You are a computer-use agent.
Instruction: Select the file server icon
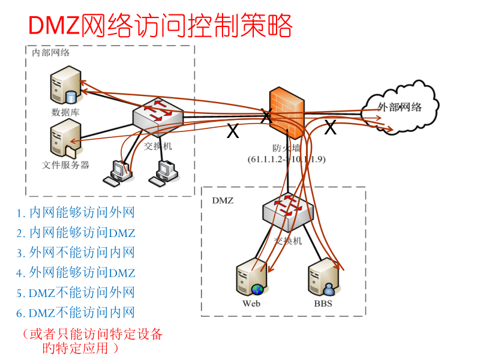click(65, 137)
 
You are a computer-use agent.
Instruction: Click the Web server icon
click(251, 279)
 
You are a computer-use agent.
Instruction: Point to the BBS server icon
click(322, 279)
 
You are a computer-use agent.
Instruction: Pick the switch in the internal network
click(158, 115)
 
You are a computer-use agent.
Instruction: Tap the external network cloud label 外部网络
click(400, 108)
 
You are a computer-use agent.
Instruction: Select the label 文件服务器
click(66, 164)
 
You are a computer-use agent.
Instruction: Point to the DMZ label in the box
click(223, 200)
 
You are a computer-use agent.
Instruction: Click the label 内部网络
click(50, 52)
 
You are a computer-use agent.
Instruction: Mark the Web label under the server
click(251, 303)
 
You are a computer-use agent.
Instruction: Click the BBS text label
click(323, 303)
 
